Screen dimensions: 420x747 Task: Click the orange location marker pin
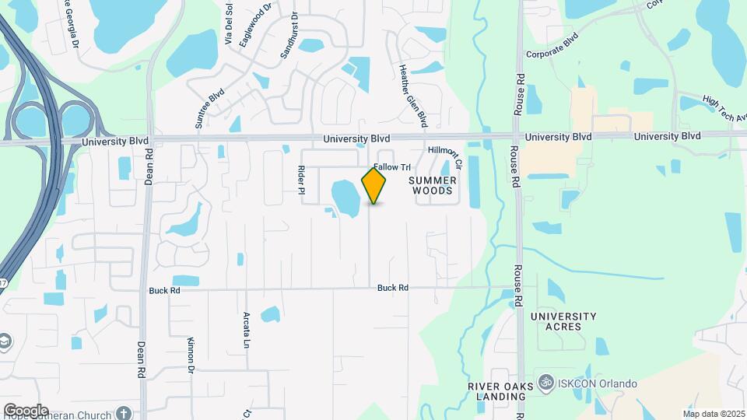pyautogui.click(x=374, y=186)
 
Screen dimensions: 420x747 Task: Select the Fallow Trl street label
pyautogui.click(x=391, y=167)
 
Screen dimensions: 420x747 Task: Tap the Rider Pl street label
pyautogui.click(x=300, y=179)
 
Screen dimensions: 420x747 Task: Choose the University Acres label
pyautogui.click(x=563, y=321)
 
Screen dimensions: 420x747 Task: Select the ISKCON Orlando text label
pyautogui.click(x=598, y=384)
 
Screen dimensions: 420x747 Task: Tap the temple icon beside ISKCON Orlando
pyautogui.click(x=545, y=383)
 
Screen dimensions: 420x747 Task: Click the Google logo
pyautogui.click(x=25, y=411)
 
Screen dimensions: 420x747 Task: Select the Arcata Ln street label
pyautogui.click(x=246, y=331)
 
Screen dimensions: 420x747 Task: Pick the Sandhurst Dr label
pyautogui.click(x=289, y=37)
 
